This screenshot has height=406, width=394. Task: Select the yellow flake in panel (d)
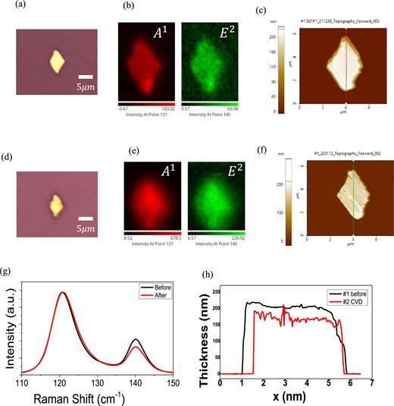(55, 203)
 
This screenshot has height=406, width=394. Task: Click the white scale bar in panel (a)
(86, 77)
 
